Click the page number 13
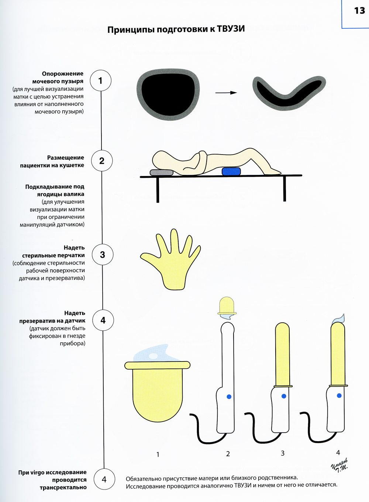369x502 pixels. (359, 11)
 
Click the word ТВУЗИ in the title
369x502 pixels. (231, 29)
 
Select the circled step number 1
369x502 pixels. (101, 80)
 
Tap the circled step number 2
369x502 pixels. (102, 161)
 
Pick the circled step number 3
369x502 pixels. (103, 255)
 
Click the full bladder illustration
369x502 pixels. (168, 94)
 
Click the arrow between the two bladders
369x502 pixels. (226, 93)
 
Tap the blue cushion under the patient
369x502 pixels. (231, 172)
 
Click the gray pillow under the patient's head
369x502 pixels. (161, 172)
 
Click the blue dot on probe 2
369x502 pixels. (229, 397)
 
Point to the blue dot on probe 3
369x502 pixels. (284, 396)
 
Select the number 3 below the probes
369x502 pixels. (283, 453)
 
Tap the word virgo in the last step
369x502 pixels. (37, 472)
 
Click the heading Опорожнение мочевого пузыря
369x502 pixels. (58, 77)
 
